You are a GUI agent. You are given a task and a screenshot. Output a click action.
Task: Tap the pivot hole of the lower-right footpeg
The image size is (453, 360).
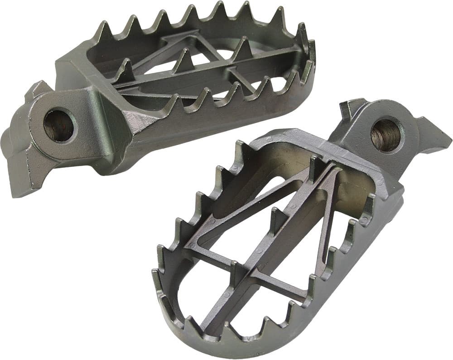coord(385,134)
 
